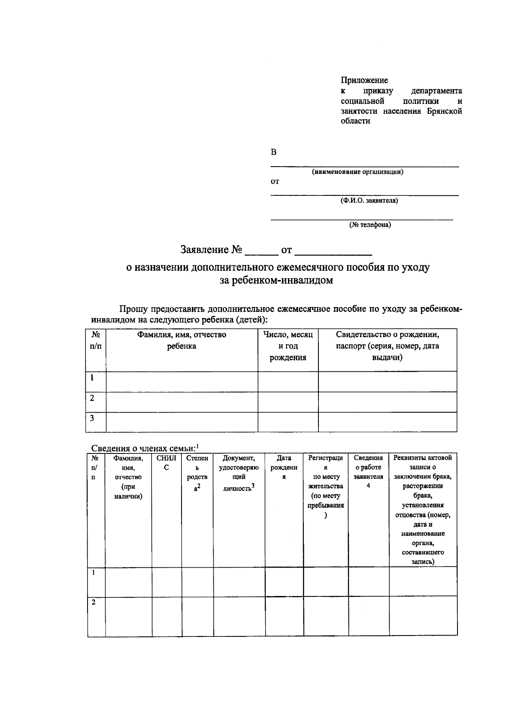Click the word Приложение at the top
point(364,80)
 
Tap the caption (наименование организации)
point(357,172)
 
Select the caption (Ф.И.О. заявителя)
point(369,201)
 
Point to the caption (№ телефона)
point(370,225)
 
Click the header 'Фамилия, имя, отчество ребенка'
point(182,340)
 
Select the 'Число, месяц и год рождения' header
point(288,346)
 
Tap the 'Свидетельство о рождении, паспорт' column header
point(387,346)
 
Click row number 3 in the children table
point(92,418)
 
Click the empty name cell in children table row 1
point(182,381)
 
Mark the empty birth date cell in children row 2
point(288,402)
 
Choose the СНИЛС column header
point(167,462)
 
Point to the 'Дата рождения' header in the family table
point(284,467)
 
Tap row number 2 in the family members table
point(94,602)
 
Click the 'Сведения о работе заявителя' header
point(368,472)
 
